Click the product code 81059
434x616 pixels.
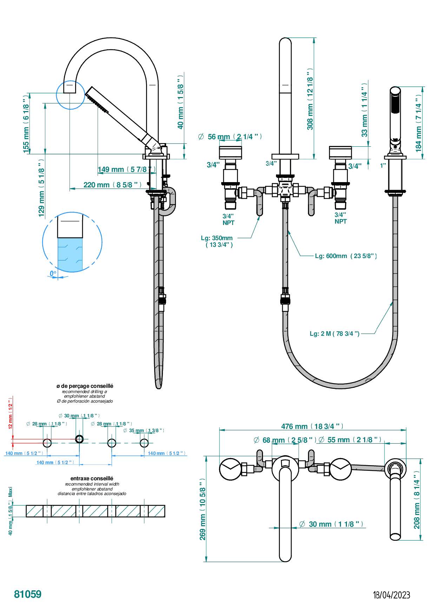[28, 594]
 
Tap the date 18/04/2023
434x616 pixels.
[391, 595]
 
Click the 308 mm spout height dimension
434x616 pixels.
[310, 100]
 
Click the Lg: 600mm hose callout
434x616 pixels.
[346, 256]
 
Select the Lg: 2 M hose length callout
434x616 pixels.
[334, 333]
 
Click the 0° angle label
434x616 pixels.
[53, 273]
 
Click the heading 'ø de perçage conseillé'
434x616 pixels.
[85, 386]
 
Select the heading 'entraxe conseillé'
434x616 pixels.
[92, 478]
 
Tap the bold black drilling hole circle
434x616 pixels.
[80, 439]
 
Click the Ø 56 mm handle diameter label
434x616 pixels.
[230, 137]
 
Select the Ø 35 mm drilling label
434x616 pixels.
[144, 430]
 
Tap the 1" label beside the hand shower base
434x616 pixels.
[383, 165]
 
